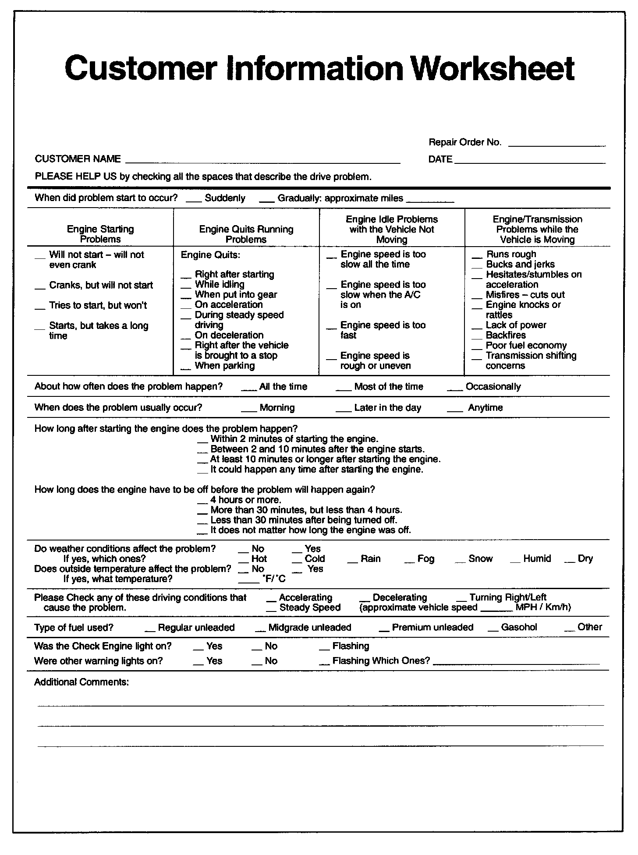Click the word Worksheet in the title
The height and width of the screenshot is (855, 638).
493,69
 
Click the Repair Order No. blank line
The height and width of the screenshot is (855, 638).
557,145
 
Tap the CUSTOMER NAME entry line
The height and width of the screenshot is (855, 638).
263,162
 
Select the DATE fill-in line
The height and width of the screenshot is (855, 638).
530,162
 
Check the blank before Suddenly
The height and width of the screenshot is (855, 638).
193,201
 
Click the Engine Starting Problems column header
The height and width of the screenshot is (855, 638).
100,234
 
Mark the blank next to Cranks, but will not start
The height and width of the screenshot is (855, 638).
40,288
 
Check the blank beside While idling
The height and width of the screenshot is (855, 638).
186,287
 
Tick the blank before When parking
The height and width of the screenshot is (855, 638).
186,368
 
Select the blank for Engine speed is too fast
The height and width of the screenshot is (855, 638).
332,328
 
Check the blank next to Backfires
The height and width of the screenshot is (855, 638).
477,338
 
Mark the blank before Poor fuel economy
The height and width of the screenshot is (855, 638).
477,348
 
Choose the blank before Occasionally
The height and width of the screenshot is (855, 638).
455,389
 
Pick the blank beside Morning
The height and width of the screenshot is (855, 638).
248,410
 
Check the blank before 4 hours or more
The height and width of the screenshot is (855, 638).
202,502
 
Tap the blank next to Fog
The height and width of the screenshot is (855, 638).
409,562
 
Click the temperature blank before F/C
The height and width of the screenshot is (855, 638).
248,582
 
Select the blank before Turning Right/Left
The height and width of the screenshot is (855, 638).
461,600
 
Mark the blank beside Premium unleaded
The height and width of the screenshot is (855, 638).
384,630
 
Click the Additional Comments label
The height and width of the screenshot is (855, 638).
82,682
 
